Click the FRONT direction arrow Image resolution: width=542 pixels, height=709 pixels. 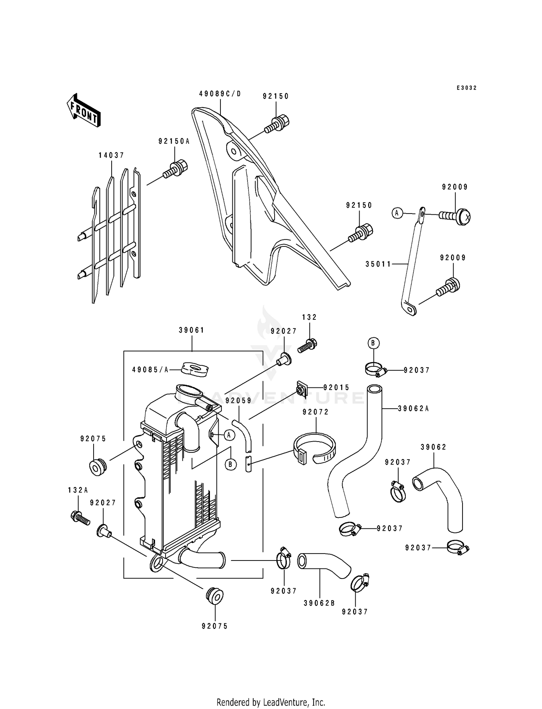point(83,110)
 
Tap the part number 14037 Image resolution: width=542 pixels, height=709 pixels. point(111,155)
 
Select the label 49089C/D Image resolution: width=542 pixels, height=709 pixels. point(220,94)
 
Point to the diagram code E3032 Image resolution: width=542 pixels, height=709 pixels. point(466,88)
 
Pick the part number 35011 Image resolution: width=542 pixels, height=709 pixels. point(378,264)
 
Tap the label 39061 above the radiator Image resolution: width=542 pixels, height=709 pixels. point(192,330)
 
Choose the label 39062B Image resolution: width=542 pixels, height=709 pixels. point(319,603)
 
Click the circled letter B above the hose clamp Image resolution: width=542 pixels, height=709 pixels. point(373,343)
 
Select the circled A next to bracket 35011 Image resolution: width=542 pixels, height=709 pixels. point(397,213)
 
